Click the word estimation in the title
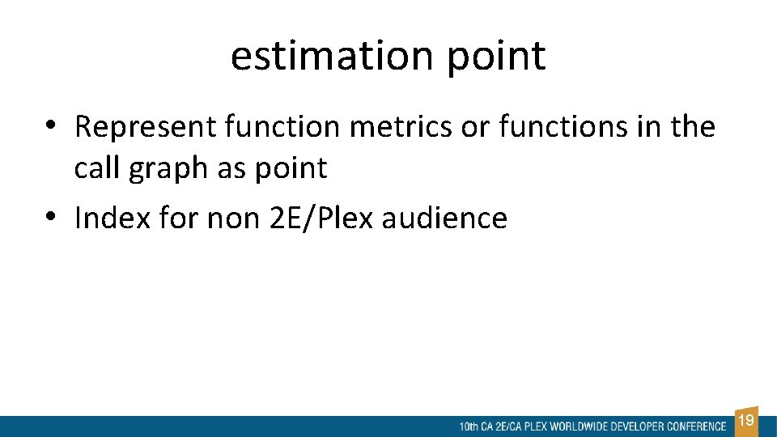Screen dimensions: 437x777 [x=332, y=56]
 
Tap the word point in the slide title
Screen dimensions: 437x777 [x=496, y=57]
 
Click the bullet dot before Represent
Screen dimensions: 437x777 [x=50, y=125]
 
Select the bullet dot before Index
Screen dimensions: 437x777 [x=50, y=216]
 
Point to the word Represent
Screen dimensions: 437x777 [x=145, y=127]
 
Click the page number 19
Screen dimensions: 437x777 [x=747, y=421]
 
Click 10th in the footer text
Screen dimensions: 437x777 [x=468, y=426]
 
